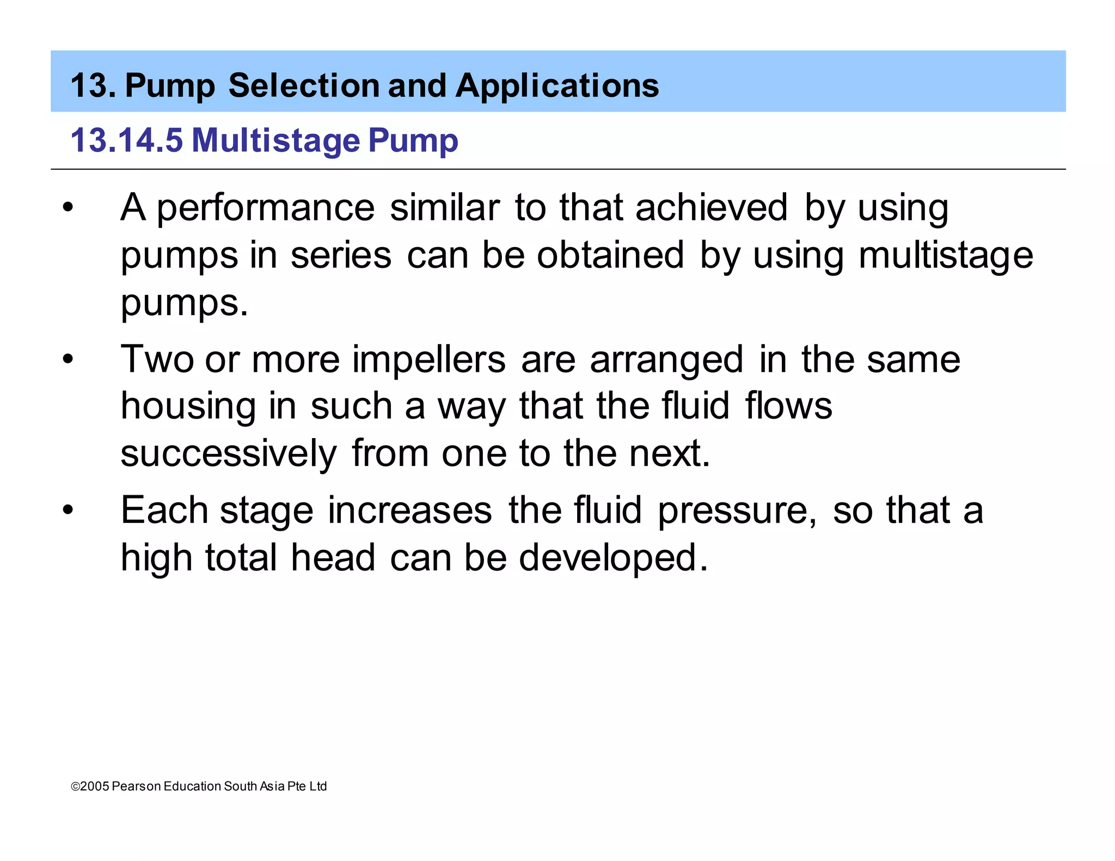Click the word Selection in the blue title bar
pyautogui.click(x=304, y=86)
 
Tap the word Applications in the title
pyautogui.click(x=557, y=86)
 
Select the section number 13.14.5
pyautogui.click(x=126, y=140)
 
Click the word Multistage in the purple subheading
pyautogui.click(x=275, y=140)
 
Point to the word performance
pyautogui.click(x=266, y=208)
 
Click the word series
pyautogui.click(x=341, y=255)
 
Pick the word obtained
pyautogui.click(x=610, y=255)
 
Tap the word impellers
pyautogui.click(x=429, y=360)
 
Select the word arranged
pyautogui.click(x=666, y=360)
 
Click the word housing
pyautogui.click(x=188, y=407)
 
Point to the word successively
pyautogui.click(x=229, y=454)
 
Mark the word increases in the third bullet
pyautogui.click(x=410, y=511)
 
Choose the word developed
pyautogui.click(x=613, y=558)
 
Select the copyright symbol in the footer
pyautogui.click(x=75, y=786)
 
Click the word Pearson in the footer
pyautogui.click(x=136, y=786)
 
